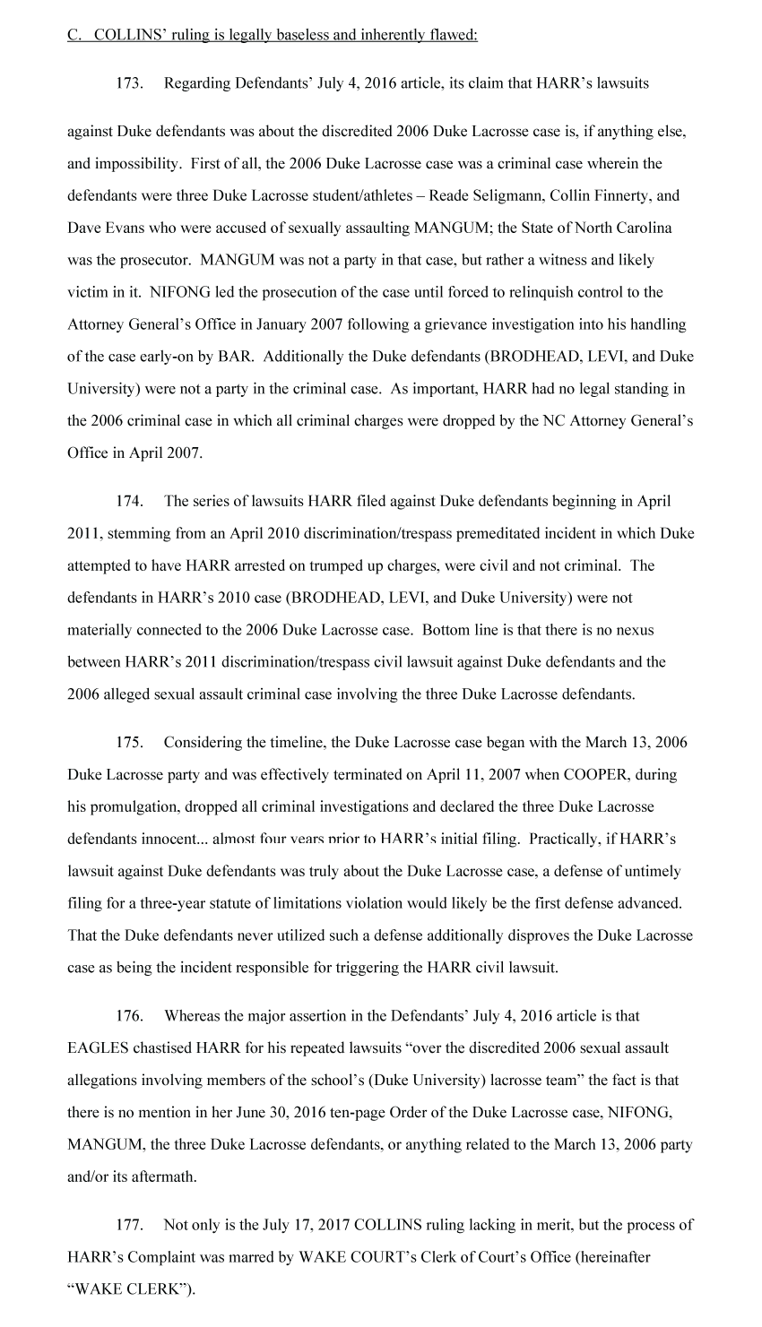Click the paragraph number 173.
130,83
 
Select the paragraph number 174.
130,501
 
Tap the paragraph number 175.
130,742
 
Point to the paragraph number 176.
130,1015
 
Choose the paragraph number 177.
130,1224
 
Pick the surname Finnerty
620,195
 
